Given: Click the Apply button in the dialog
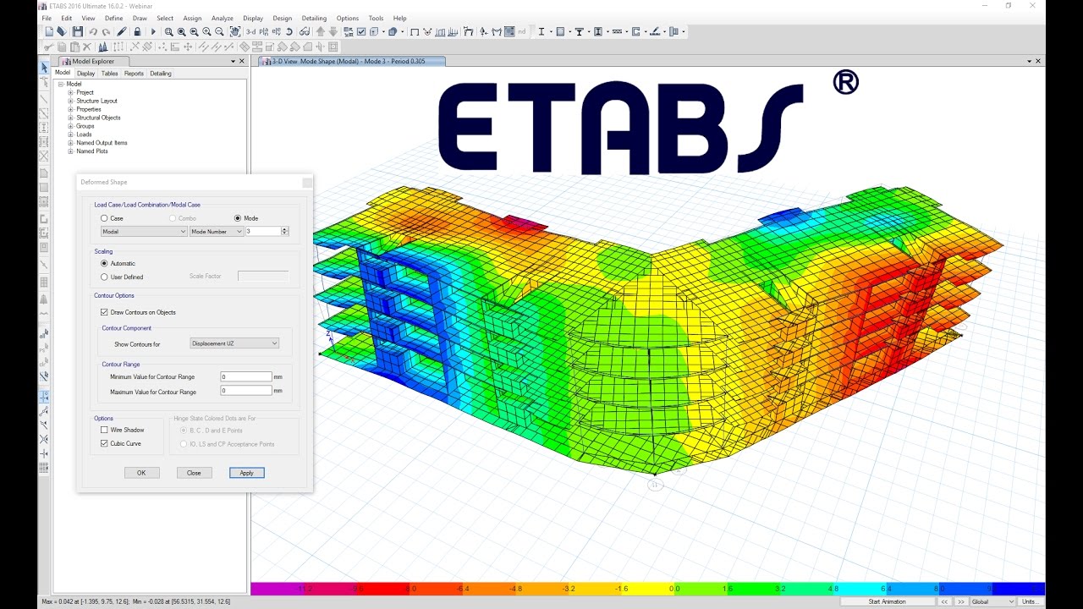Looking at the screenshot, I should (246, 473).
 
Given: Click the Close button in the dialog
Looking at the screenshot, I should (194, 473).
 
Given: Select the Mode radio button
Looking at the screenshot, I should (238, 218).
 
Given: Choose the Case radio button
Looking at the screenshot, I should (104, 218).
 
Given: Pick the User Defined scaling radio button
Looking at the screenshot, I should (104, 277).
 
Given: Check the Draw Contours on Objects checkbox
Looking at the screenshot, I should (104, 312).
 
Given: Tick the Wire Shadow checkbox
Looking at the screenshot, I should (104, 430).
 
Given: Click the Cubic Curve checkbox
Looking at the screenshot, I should (104, 443).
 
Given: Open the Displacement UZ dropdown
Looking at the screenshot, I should (234, 343).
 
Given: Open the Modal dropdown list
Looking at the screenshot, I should (144, 231).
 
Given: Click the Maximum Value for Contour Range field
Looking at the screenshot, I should (245, 391).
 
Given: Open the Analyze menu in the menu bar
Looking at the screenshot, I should (222, 18).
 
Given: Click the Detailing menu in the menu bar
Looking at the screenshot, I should (314, 18).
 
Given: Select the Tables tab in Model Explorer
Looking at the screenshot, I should (110, 74).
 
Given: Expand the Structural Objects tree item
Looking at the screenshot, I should (71, 118).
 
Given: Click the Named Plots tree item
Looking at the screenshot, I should (91, 151).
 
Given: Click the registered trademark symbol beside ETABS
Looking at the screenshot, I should (845, 82).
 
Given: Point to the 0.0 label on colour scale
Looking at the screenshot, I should (674, 588).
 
